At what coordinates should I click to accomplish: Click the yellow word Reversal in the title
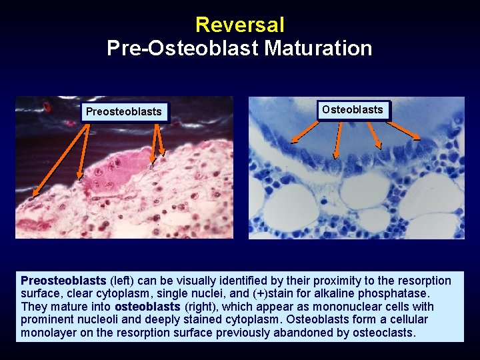[239, 25]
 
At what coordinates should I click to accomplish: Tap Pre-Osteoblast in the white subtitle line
[183, 48]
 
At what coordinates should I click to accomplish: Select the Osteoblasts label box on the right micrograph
[352, 110]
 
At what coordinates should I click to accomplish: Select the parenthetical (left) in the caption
[122, 281]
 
